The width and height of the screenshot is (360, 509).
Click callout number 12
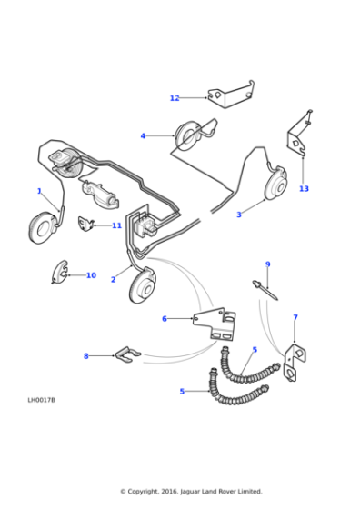[x=175, y=98]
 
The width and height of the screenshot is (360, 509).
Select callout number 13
[x=304, y=189]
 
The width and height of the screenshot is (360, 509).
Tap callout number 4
[x=143, y=136]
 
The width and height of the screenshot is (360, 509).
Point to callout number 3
[x=239, y=215]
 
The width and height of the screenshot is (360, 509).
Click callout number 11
[x=117, y=225]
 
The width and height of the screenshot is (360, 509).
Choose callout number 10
[x=91, y=275]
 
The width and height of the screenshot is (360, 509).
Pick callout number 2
[x=114, y=280]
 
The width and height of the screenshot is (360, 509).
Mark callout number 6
[x=165, y=319]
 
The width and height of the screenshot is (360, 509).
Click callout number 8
[x=86, y=356]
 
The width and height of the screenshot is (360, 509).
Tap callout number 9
[x=268, y=264]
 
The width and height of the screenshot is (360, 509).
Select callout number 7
[x=295, y=317]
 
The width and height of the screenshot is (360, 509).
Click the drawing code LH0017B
[x=42, y=400]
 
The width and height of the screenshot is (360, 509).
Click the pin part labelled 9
[x=265, y=291]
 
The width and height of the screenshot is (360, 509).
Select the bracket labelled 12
[x=232, y=95]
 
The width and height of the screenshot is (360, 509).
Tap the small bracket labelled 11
[x=85, y=225]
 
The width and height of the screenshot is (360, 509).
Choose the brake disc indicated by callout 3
[x=276, y=184]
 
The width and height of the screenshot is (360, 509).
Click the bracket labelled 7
[x=295, y=362]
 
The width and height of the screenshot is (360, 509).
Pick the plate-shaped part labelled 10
[x=60, y=272]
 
